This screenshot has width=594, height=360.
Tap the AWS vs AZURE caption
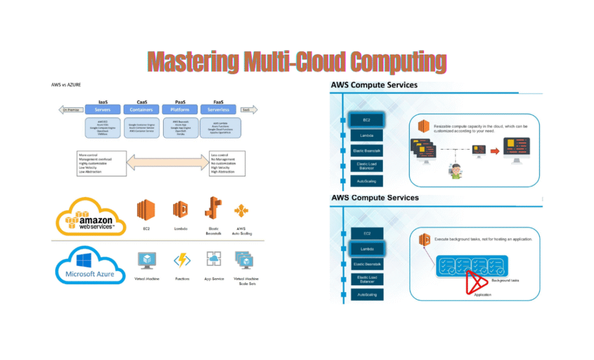(66, 85)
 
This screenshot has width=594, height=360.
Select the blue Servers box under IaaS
(102, 110)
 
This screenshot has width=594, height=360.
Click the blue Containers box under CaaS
(141, 110)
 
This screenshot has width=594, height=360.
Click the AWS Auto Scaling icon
(241, 212)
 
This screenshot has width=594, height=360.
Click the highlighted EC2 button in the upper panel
(367, 121)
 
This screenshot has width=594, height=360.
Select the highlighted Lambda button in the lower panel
(367, 248)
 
